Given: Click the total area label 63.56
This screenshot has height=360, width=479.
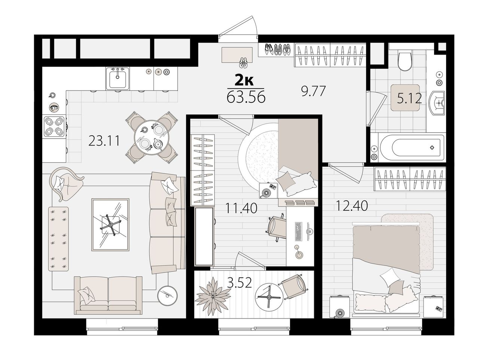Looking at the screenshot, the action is click(246, 97).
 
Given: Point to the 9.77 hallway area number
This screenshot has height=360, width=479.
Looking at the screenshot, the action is click(313, 91).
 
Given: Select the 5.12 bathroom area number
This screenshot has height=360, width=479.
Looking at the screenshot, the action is click(409, 98).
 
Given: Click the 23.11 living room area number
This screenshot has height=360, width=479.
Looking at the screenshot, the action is click(104, 141).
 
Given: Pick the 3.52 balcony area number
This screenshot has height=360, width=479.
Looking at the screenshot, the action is click(239, 282).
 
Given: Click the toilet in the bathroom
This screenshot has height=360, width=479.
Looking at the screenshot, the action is click(405, 60).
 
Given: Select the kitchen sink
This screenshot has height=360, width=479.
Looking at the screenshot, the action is click(118, 79).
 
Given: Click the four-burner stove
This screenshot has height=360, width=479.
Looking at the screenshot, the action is click(54, 127).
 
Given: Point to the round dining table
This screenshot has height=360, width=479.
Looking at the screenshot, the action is click(152, 137).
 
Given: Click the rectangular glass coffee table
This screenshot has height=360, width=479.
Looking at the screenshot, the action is click(110, 225).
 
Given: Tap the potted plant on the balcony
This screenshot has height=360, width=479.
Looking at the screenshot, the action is click(212, 296).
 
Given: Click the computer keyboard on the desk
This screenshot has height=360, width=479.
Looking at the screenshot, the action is click(298, 231).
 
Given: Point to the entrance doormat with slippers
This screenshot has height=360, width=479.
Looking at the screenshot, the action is click(237, 55).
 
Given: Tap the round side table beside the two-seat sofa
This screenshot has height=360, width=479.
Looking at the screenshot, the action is click(167, 296).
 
